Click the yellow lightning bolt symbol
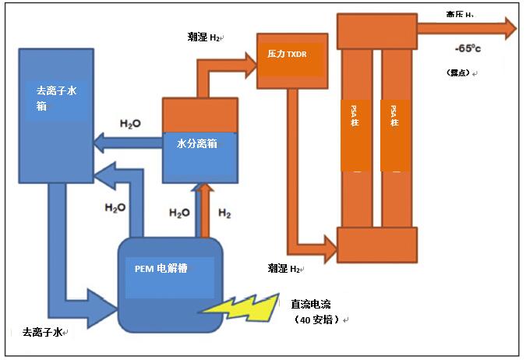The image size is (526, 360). tap(239, 306)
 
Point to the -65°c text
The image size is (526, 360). tap(468, 48)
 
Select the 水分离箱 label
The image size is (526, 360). tap(196, 143)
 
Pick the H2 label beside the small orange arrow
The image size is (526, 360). tap(224, 212)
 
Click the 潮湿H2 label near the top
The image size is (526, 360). tap(204, 37)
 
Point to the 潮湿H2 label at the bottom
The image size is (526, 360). tap(284, 268)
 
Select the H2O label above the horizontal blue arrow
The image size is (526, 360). tap(130, 124)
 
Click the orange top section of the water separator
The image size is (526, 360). tap(199, 115)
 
